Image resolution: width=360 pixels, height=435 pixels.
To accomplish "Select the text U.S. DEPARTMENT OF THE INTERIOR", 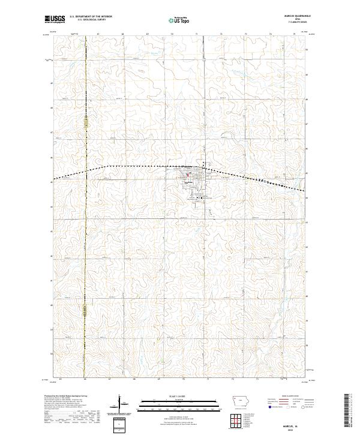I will click(x=91, y=17).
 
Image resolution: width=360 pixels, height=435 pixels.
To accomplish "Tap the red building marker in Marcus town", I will click(x=188, y=176).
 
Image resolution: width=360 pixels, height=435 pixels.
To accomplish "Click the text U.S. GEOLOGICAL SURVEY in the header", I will click(x=91, y=20).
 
